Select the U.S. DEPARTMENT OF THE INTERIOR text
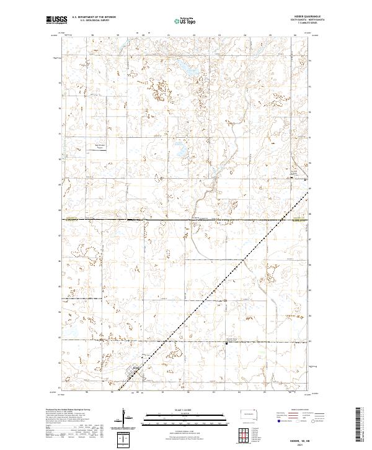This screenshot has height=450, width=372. (x=94, y=17)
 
